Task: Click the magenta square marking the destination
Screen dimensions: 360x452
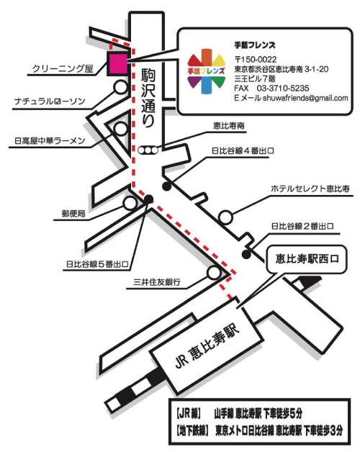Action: pos(117,64)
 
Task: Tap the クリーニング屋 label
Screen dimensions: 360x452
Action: pos(63,68)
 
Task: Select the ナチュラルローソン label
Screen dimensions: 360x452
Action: pos(50,101)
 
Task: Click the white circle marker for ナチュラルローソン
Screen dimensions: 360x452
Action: pos(120,87)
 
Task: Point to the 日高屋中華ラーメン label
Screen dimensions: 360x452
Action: pos(50,140)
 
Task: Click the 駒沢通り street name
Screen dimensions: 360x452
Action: pos(148,98)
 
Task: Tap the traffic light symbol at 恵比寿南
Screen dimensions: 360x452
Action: pos(148,150)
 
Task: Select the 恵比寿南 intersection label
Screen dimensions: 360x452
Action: pos(229,126)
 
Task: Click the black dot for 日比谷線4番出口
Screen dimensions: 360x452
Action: pos(167,186)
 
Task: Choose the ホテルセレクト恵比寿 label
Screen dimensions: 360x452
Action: pos(310,189)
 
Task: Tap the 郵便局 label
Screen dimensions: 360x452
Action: pos(73,214)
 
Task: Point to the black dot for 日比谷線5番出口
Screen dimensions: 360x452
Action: pos(149,199)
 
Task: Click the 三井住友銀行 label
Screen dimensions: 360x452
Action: pos(157,281)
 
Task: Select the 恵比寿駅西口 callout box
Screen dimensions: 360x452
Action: pos(306,259)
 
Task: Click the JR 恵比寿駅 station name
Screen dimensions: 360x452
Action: pos(207,345)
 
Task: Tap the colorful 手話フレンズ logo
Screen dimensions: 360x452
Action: pos(206,71)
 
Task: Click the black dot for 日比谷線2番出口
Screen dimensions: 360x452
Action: pos(246,255)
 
